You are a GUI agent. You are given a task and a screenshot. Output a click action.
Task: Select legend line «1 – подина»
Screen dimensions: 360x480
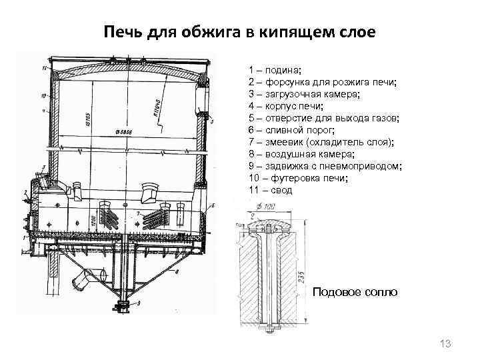tap(275, 70)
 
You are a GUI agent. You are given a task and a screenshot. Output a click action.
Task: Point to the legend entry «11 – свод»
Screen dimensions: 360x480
tap(270, 190)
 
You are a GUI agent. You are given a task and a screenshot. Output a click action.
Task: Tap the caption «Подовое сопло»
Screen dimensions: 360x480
tap(355, 292)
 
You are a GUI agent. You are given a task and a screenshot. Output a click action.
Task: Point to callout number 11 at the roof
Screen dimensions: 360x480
tap(43, 68)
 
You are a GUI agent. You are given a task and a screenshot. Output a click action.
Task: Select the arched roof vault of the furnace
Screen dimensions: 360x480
tap(127, 67)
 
